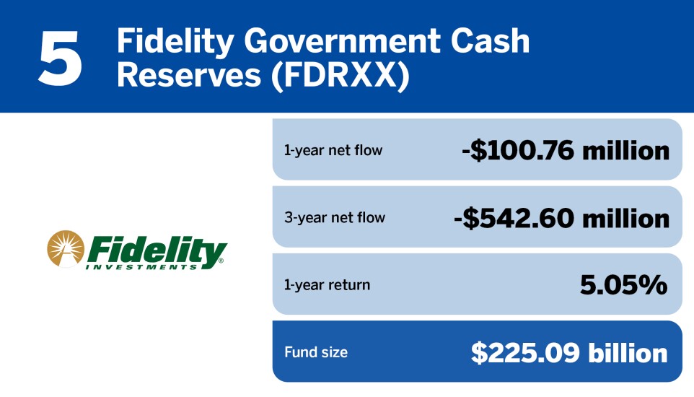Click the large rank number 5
pyautogui.click(x=60, y=58)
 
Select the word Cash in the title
pyautogui.click(x=491, y=40)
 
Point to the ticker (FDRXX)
pyautogui.click(x=340, y=77)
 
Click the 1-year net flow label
pyautogui.click(x=333, y=151)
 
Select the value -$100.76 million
pyautogui.click(x=565, y=151)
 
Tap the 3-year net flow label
pyautogui.click(x=335, y=217)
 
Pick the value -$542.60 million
pyautogui.click(x=562, y=219)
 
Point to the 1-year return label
pyautogui.click(x=327, y=285)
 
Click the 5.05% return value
pyautogui.click(x=623, y=285)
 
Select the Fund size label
pyautogui.click(x=316, y=352)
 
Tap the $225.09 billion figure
pyautogui.click(x=569, y=353)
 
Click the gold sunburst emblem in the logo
pyautogui.click(x=66, y=249)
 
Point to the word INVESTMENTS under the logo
pyautogui.click(x=141, y=267)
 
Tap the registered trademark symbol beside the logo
pyautogui.click(x=221, y=261)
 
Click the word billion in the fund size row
pyautogui.click(x=628, y=353)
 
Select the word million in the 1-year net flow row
pyautogui.click(x=626, y=151)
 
